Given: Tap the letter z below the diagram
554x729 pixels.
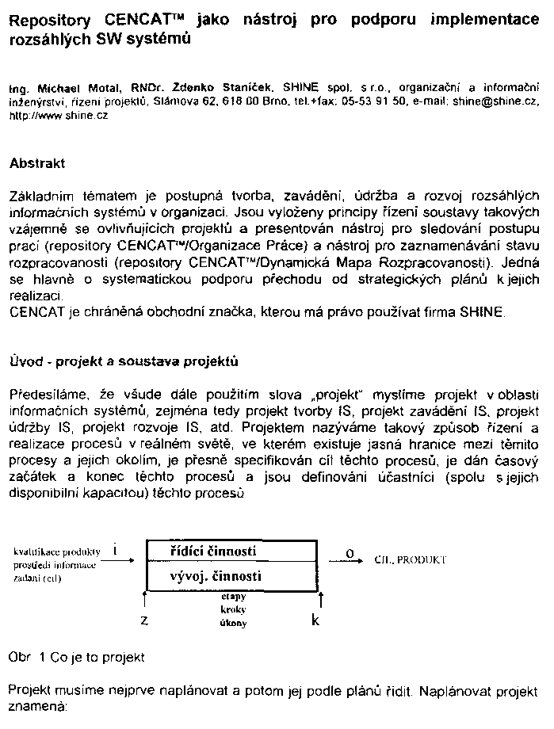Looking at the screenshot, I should tap(145, 620).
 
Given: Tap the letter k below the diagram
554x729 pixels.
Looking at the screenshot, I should tap(316, 620).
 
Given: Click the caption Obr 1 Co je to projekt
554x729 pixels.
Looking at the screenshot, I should tap(77, 658).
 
